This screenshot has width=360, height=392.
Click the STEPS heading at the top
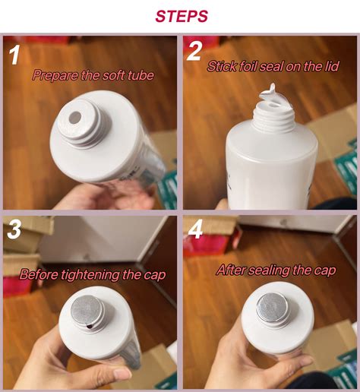click(x=182, y=16)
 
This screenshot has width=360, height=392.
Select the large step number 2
click(x=194, y=52)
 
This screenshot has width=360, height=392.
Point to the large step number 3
click(x=14, y=229)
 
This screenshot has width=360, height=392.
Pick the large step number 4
click(x=196, y=229)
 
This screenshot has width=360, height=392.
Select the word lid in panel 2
click(x=331, y=66)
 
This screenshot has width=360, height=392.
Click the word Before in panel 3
click(x=39, y=274)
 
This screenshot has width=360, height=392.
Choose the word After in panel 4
click(x=231, y=270)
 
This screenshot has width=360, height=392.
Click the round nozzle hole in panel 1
click(x=75, y=117)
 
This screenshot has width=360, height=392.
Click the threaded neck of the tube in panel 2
click(x=274, y=119)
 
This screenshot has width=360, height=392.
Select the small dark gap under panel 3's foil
click(x=90, y=327)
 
